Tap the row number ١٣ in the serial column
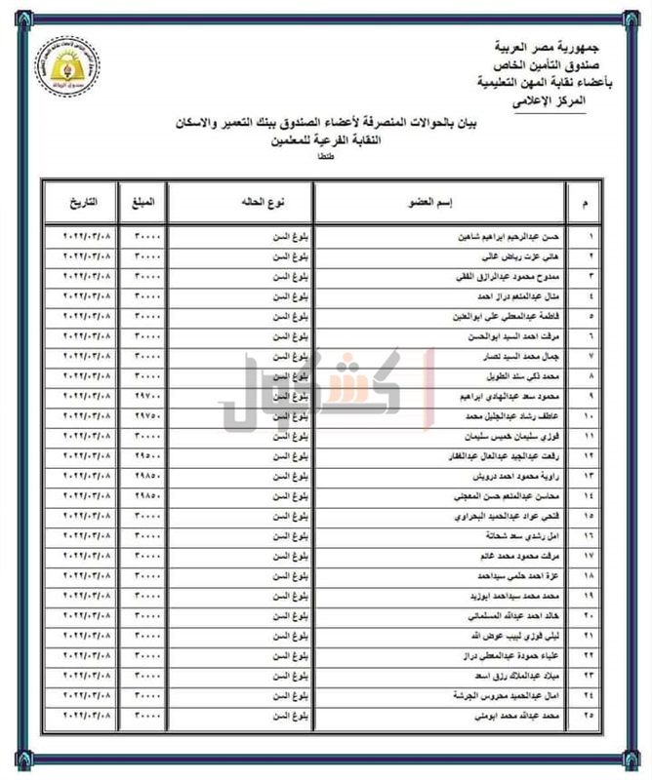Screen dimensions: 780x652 [588, 475]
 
